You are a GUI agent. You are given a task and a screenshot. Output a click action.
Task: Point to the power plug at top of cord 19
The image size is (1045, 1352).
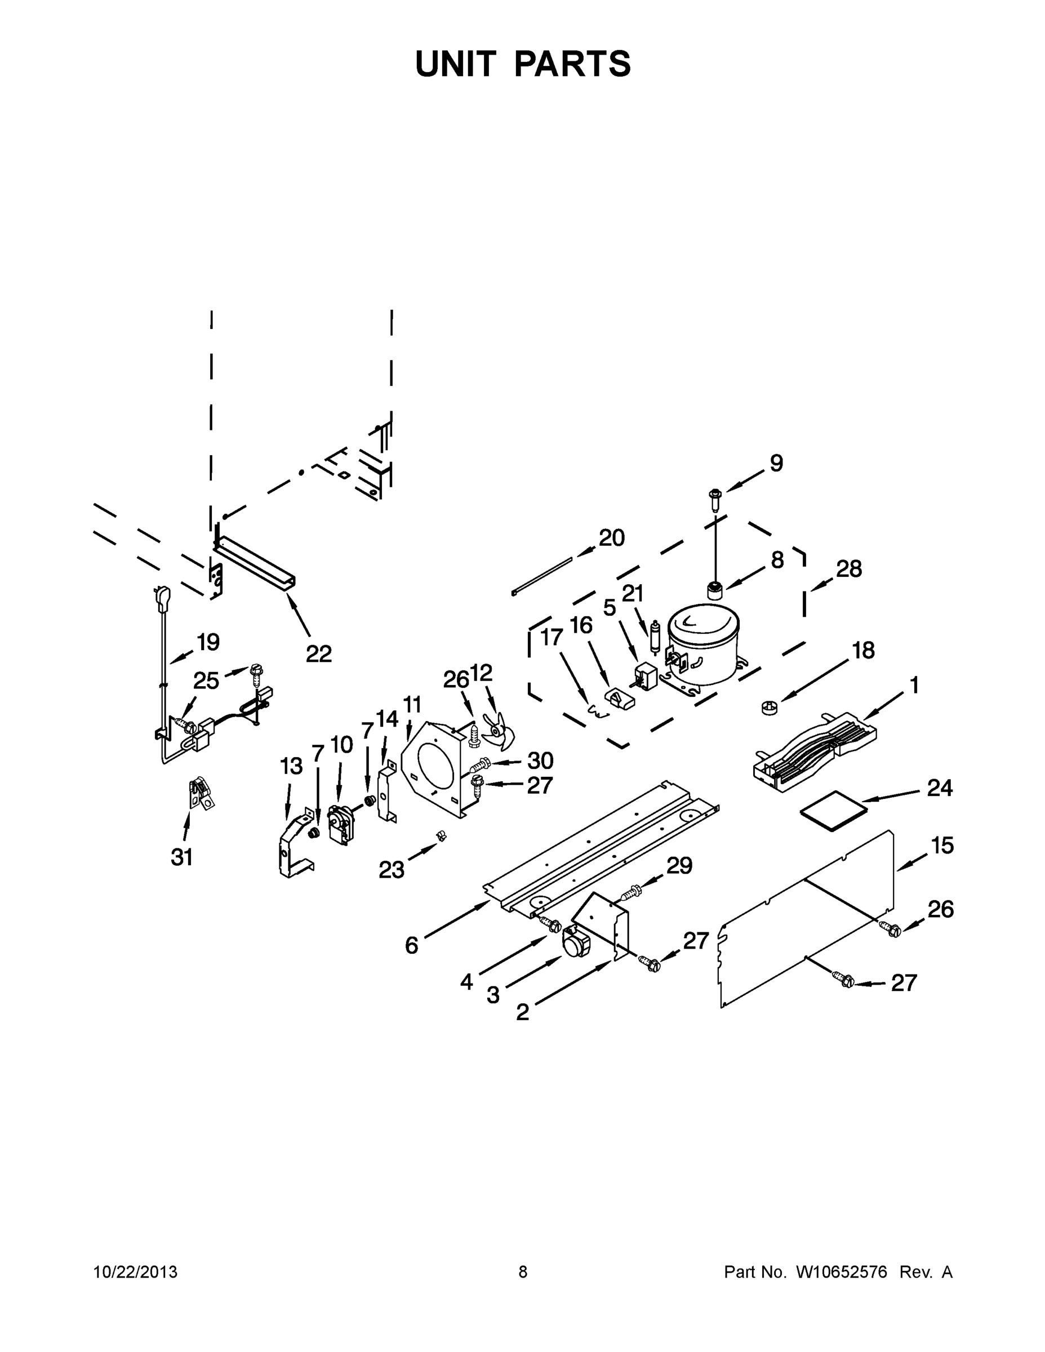[163, 598]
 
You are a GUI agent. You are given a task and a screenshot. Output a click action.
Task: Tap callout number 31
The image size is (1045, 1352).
[182, 857]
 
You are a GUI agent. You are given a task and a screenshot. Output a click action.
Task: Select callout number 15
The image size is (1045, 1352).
[942, 845]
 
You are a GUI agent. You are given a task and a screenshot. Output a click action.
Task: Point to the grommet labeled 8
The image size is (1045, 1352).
[715, 590]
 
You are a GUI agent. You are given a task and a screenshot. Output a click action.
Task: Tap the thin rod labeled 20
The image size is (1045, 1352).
[542, 576]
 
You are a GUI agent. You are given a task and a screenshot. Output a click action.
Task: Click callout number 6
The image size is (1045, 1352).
[412, 945]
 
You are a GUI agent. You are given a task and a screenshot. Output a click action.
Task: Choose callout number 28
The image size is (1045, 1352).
[849, 568]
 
